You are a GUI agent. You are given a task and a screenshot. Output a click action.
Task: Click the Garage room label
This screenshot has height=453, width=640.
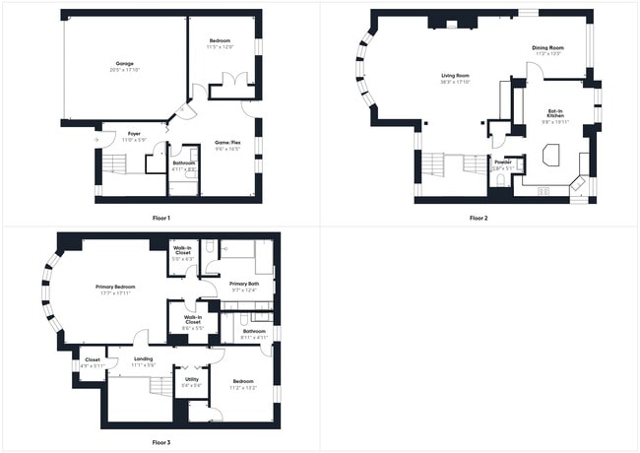(x=124, y=63)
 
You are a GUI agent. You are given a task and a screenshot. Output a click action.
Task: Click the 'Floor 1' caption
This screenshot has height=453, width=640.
(x=161, y=217)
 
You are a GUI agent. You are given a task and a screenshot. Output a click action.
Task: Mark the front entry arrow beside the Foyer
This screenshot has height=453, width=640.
(x=96, y=141)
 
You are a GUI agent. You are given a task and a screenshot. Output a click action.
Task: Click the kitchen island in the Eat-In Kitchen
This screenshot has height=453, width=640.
(x=547, y=156)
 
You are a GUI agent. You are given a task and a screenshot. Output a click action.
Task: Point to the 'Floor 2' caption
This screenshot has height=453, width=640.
(x=480, y=217)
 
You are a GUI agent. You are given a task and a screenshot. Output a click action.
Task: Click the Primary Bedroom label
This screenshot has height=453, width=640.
(x=115, y=287)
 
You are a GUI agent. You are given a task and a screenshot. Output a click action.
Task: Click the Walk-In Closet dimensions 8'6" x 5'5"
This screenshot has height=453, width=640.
(x=192, y=328)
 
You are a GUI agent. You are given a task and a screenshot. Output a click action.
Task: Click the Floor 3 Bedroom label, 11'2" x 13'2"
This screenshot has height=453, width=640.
(x=242, y=381)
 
